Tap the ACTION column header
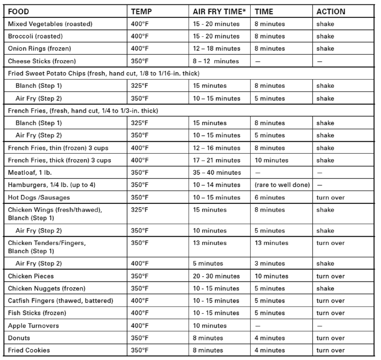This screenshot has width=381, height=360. click(x=331, y=11)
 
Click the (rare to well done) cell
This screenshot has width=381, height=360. click(x=283, y=185)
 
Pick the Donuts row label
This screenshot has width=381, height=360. click(x=19, y=338)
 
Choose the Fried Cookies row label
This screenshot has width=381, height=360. click(x=29, y=350)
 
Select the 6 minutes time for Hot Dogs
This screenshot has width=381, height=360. click(x=270, y=197)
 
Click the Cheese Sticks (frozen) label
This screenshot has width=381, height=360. click(x=42, y=61)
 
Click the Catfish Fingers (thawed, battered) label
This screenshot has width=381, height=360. click(x=60, y=301)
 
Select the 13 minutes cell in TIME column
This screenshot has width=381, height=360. click(x=271, y=243)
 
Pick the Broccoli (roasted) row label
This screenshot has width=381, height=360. click(x=36, y=36)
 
